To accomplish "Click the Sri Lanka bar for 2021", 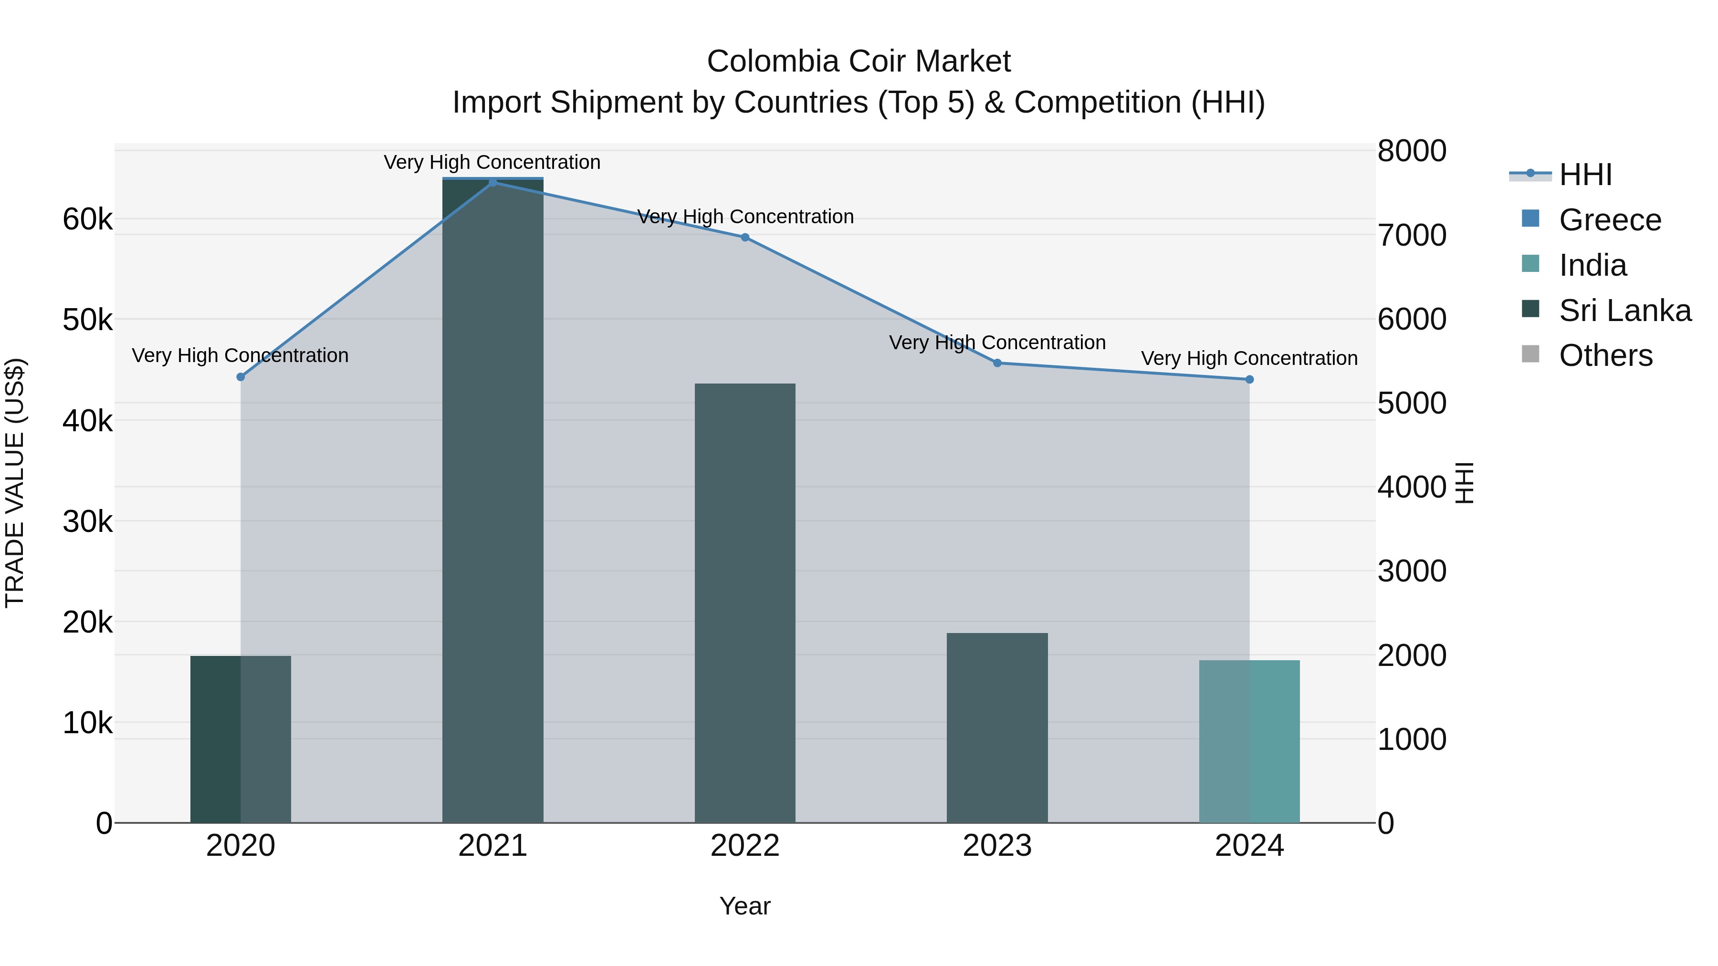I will pyautogui.click(x=493, y=500).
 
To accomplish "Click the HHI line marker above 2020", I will pyautogui.click(x=241, y=377).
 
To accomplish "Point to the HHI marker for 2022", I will pyautogui.click(x=745, y=238).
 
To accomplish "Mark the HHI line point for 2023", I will pyautogui.click(x=997, y=363).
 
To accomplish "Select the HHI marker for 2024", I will pyautogui.click(x=1249, y=379).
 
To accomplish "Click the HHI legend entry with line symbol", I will pyautogui.click(x=1584, y=175).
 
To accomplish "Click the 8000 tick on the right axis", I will pyautogui.click(x=1411, y=151).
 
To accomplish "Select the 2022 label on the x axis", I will pyautogui.click(x=745, y=846).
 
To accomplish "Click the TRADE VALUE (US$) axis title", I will pyautogui.click(x=15, y=483).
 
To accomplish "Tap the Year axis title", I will pyautogui.click(x=745, y=906).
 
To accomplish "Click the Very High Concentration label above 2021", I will pyautogui.click(x=492, y=162).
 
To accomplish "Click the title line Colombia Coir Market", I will pyautogui.click(x=859, y=62).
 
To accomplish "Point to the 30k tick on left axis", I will pyautogui.click(x=87, y=522).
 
